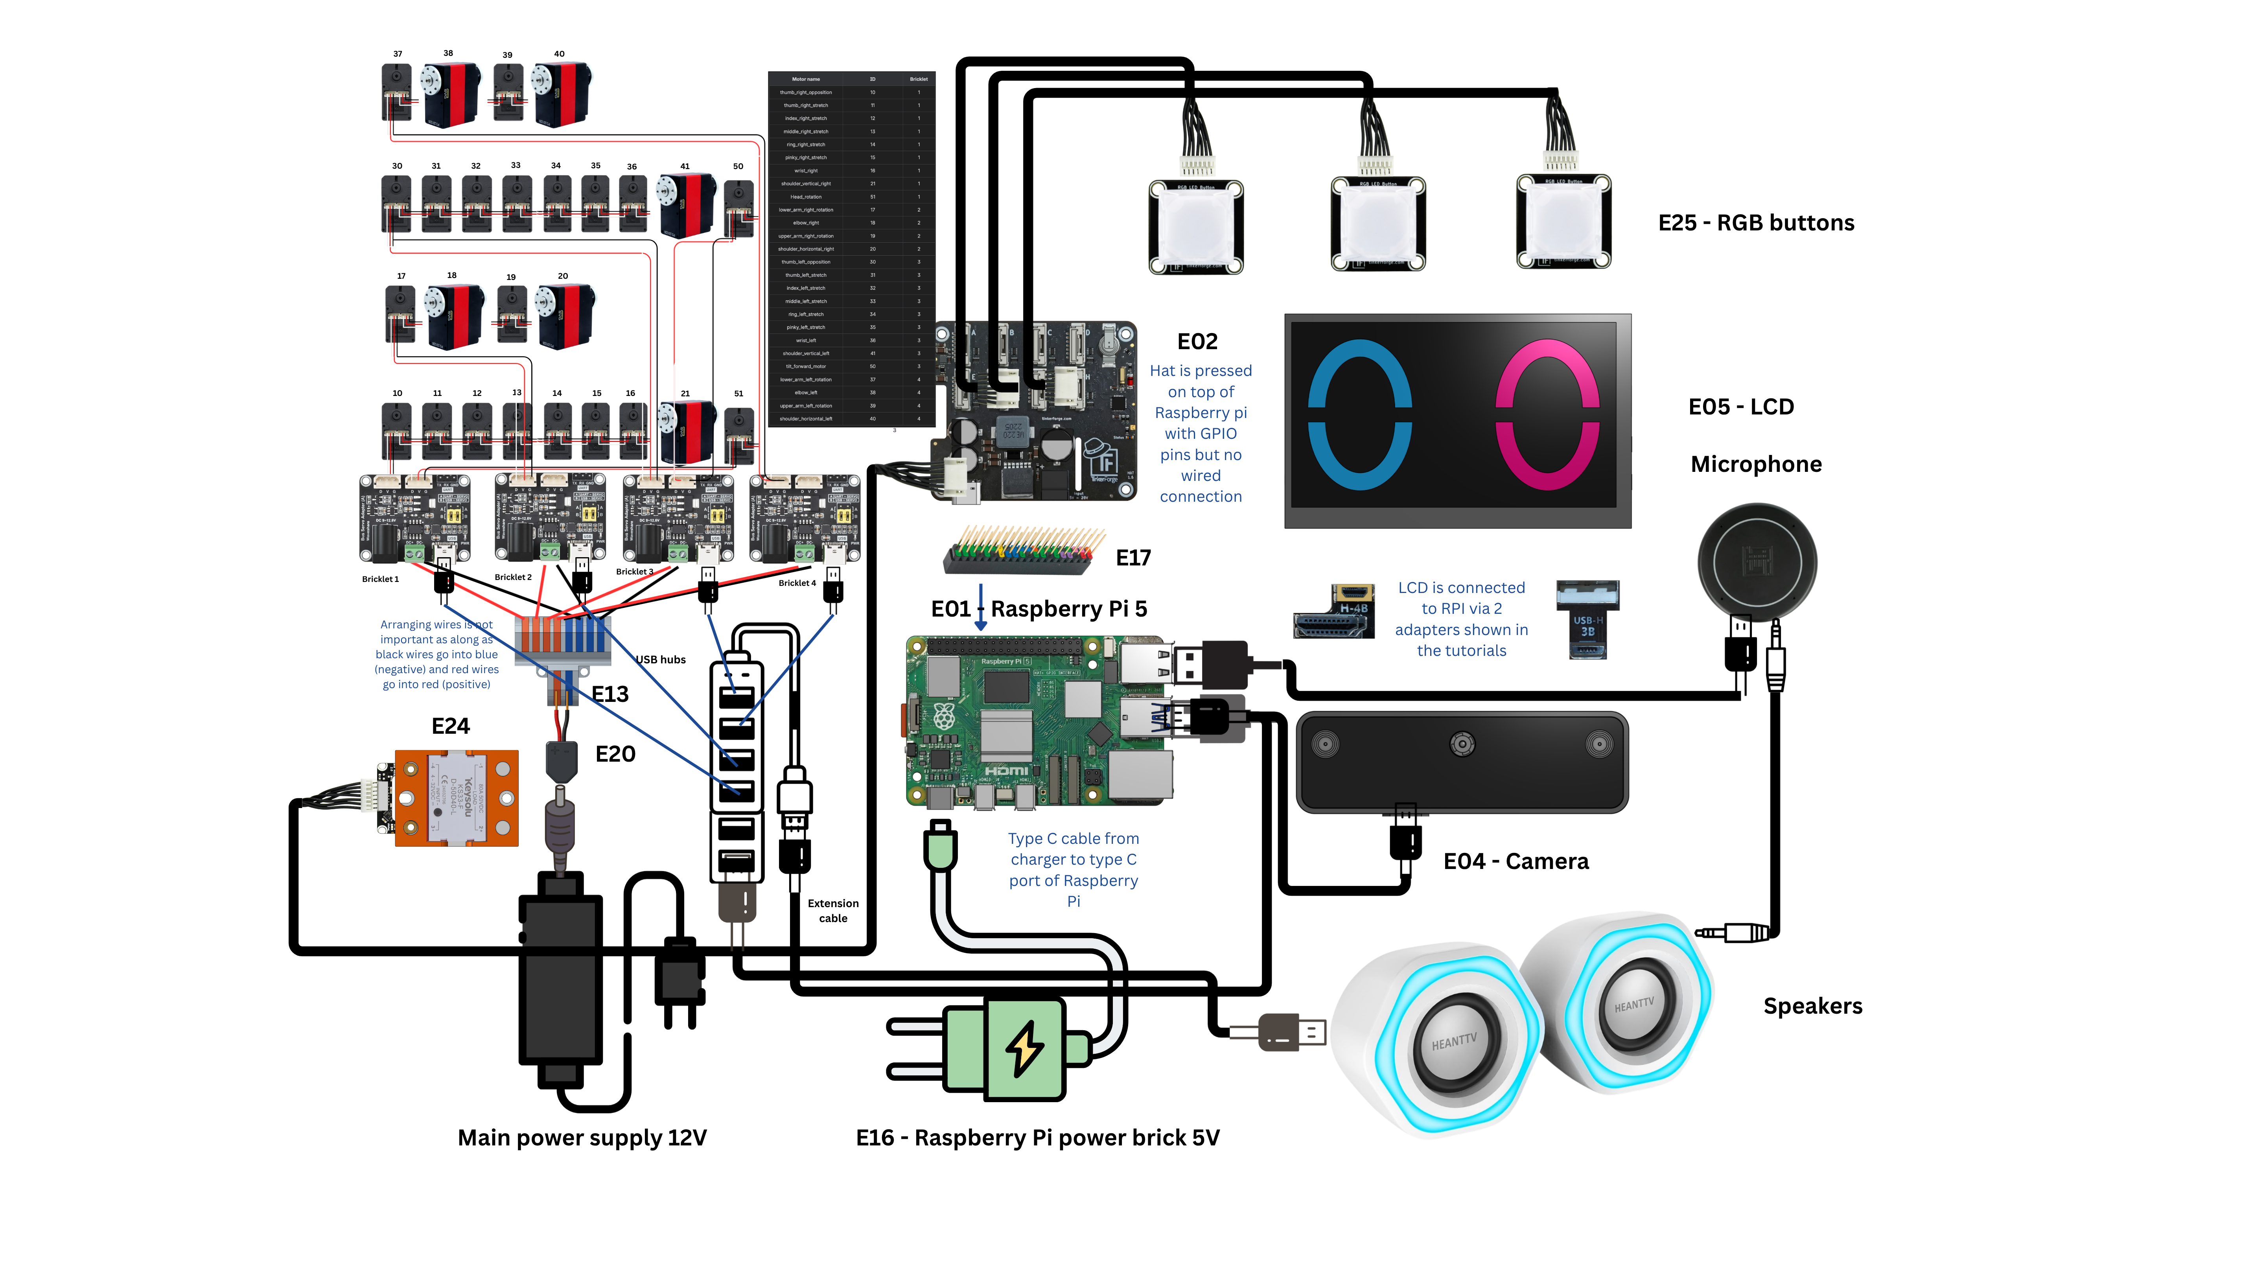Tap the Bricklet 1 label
380,580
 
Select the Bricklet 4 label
797,583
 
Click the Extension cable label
833,911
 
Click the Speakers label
1812,1007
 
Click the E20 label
615,755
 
